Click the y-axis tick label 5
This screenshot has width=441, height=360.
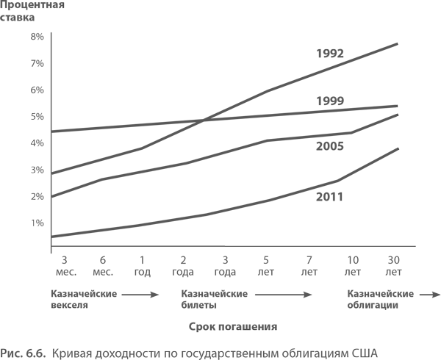coord(32,116)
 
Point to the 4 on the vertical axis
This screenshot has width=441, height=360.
coord(32,143)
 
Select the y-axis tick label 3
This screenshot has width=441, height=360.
coord(32,170)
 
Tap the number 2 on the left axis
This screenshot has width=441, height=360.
coord(32,196)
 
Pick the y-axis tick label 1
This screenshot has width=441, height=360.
coord(32,223)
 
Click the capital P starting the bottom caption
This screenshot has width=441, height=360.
coord(4,353)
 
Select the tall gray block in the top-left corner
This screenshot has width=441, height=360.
coord(32,55)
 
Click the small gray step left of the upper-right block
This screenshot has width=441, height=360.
coord(222,111)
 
